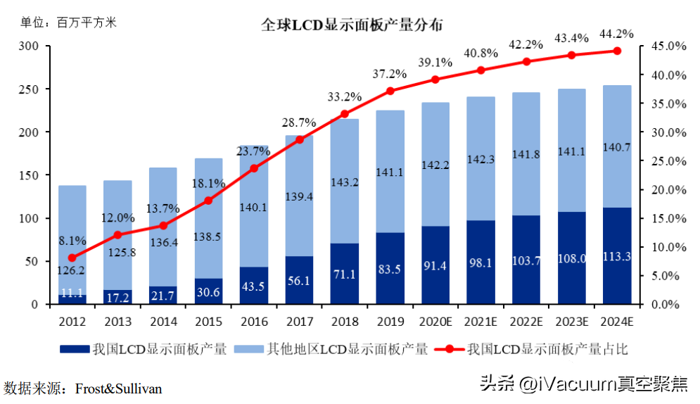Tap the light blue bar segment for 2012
coord(72,232)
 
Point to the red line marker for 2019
coord(390,91)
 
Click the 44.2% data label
coord(616,33)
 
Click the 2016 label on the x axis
coord(254,322)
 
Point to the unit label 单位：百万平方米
coord(68,23)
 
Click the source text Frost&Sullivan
coord(118,388)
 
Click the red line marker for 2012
coord(72,258)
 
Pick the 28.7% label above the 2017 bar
coord(301,123)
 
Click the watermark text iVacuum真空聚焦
coord(605,384)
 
